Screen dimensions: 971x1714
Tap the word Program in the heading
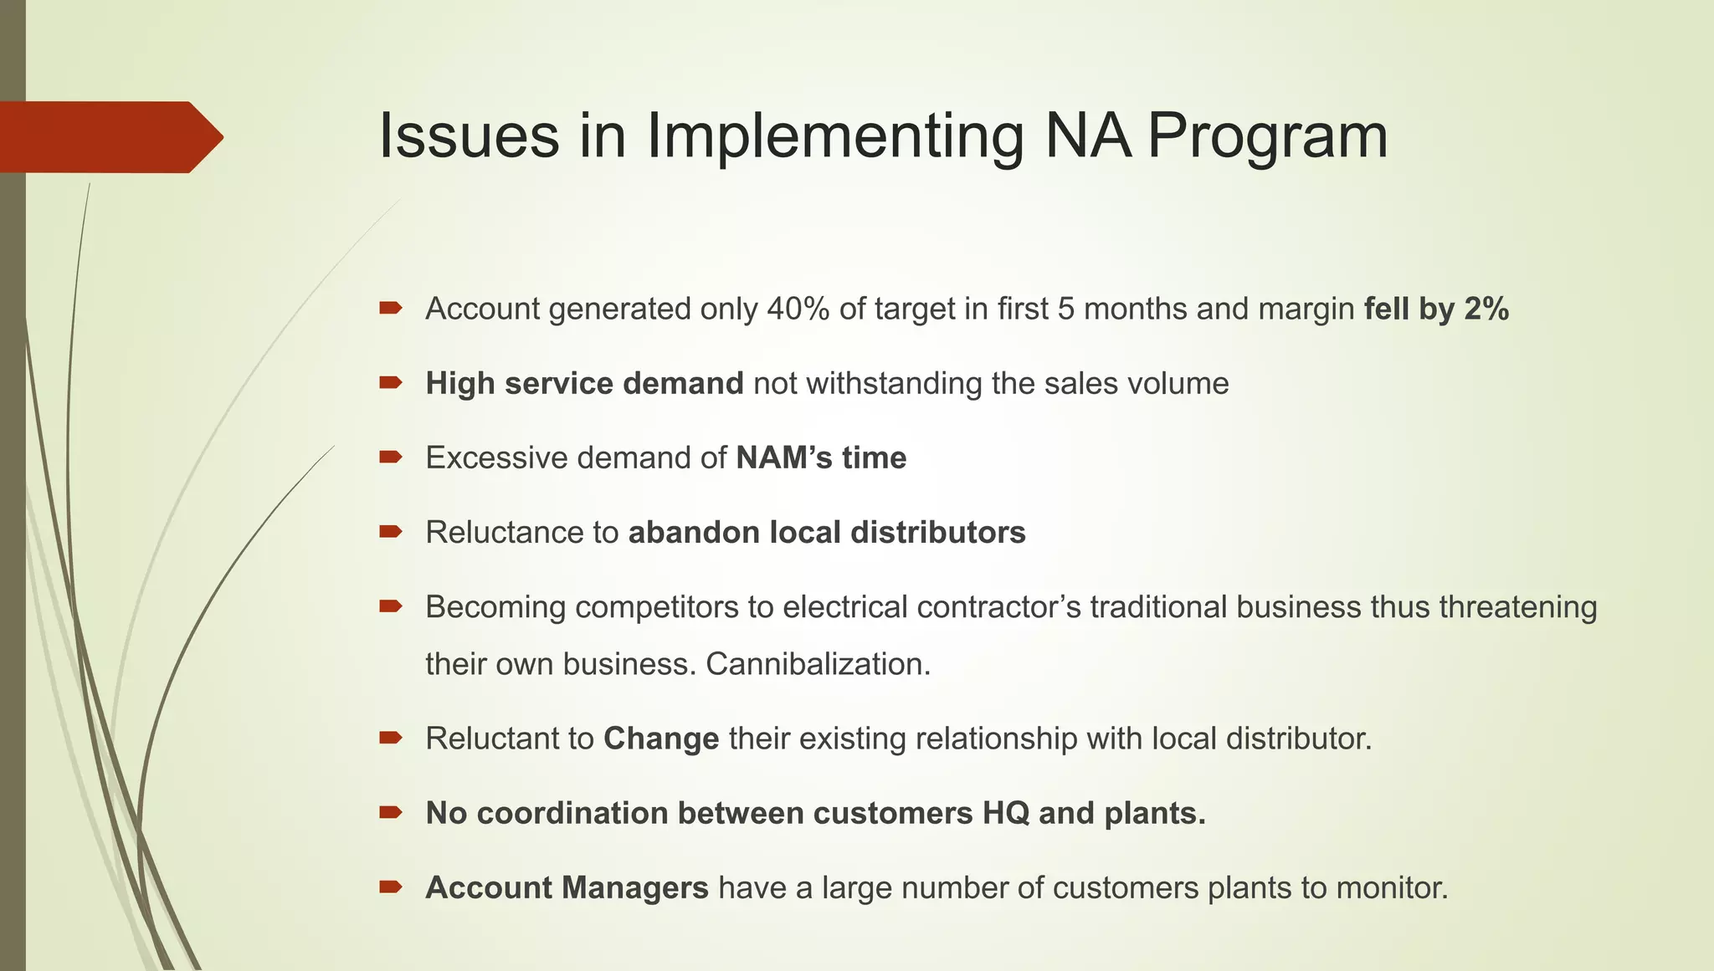[x=1267, y=136]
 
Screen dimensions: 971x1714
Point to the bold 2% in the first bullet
[x=1486, y=309]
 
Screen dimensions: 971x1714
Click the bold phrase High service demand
[x=584, y=384]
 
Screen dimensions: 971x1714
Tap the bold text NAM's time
[x=821, y=458]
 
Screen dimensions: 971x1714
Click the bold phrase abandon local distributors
[x=827, y=533]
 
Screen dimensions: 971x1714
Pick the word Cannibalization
[x=818, y=664]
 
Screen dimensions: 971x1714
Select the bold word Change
[x=661, y=739]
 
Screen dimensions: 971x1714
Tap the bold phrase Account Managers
[x=567, y=888]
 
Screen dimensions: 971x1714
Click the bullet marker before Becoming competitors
[x=391, y=606]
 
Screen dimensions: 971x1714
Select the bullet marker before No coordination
[x=391, y=812]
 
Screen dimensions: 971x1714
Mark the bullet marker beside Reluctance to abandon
[x=391, y=532]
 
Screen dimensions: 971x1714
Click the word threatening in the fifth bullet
[x=1517, y=607]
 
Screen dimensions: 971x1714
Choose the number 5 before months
[x=1065, y=309]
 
